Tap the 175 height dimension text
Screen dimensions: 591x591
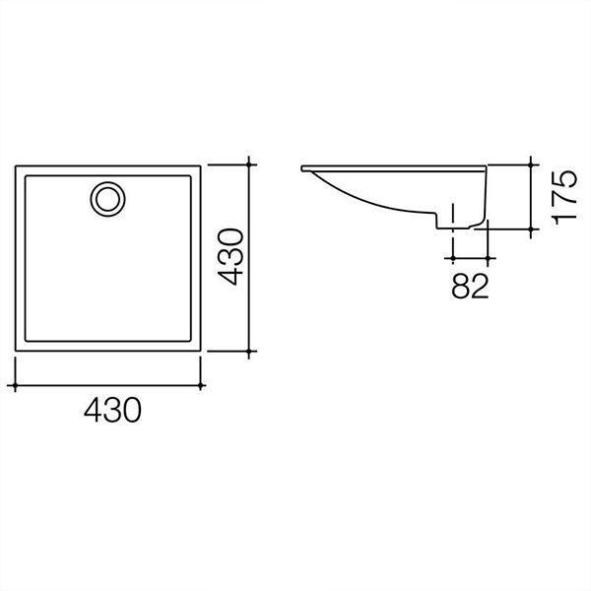(563, 197)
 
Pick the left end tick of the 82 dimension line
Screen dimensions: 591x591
(452, 257)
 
